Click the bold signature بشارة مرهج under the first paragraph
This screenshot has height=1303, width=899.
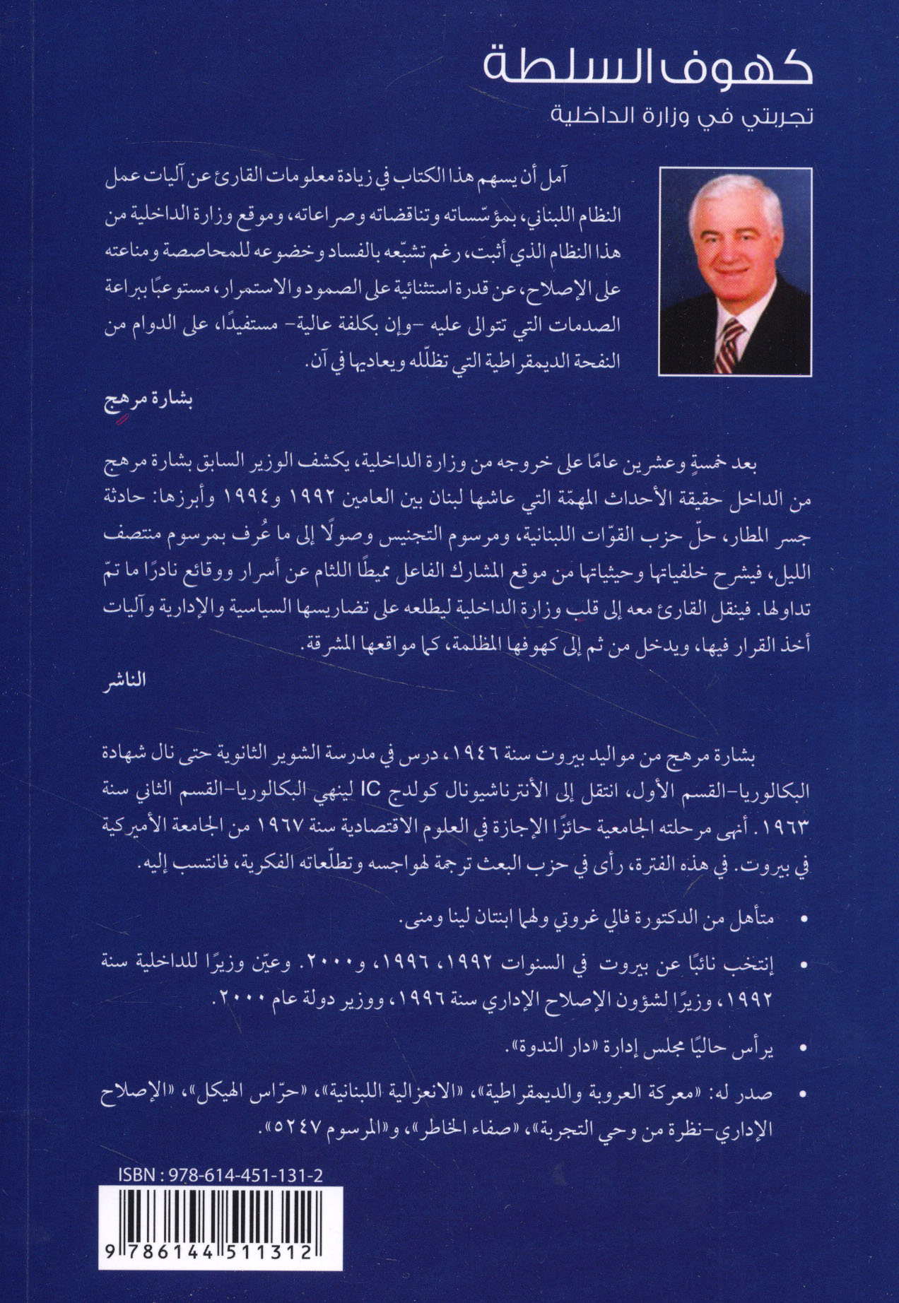pyautogui.click(x=149, y=401)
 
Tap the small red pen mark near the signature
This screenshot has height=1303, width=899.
pyautogui.click(x=122, y=419)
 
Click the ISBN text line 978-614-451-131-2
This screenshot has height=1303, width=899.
pyautogui.click(x=222, y=1175)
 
